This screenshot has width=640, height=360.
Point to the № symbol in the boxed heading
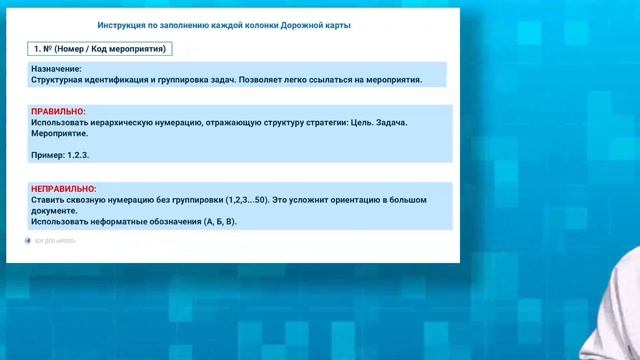[x=48, y=48]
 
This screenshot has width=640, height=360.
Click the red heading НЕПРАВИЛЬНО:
[x=64, y=188]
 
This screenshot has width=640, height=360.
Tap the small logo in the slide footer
[x=28, y=241]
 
